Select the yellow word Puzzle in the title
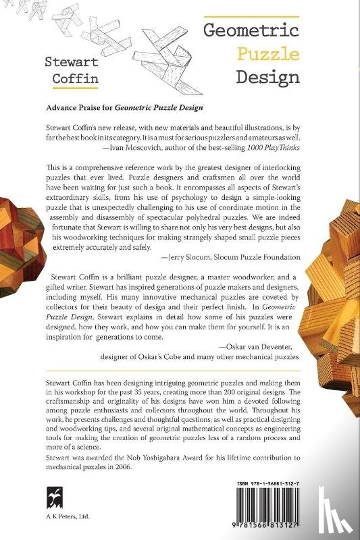coord(258,53)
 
